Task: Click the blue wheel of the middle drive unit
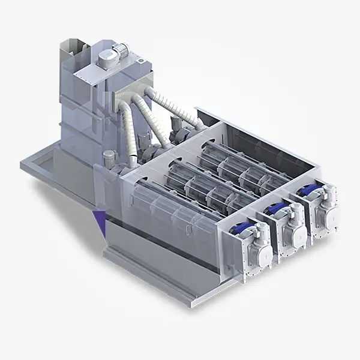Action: pyautogui.click(x=277, y=210)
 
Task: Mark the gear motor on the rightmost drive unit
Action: pyautogui.click(x=328, y=196)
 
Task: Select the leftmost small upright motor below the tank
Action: pyautogui.click(x=108, y=160)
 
